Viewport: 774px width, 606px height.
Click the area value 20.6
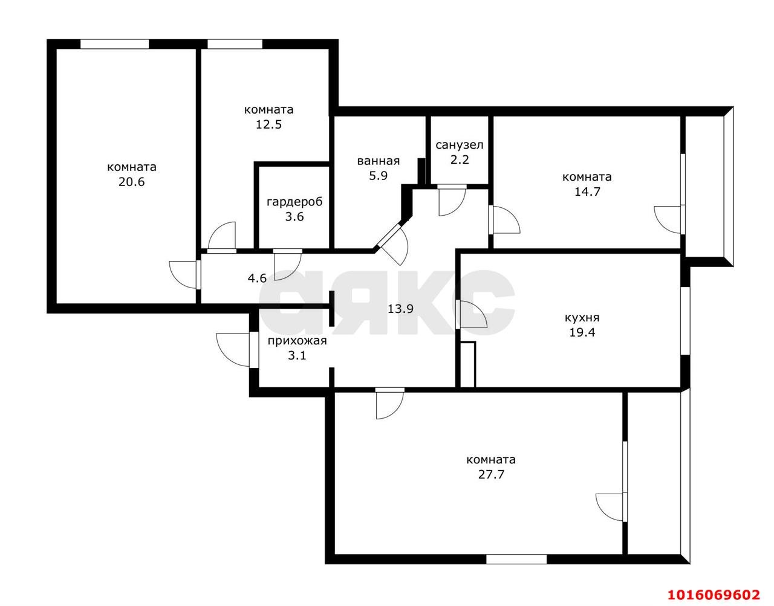coord(132,182)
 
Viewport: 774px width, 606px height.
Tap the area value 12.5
coord(269,125)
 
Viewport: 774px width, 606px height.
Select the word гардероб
coord(294,202)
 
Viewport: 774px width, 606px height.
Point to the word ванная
coord(379,161)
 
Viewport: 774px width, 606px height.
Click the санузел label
coord(460,145)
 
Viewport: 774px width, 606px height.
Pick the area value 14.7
coord(587,192)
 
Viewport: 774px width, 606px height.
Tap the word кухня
coord(582,318)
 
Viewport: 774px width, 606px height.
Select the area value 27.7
coord(491,475)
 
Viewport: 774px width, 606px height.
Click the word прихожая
coord(297,341)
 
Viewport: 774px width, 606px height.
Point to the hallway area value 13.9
coord(401,309)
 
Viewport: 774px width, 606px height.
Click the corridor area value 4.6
coord(257,279)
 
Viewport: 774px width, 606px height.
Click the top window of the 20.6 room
coord(114,44)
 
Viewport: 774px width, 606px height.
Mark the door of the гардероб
coord(288,265)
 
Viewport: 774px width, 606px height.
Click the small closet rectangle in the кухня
coord(467,364)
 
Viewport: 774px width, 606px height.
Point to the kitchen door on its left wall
coord(472,315)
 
